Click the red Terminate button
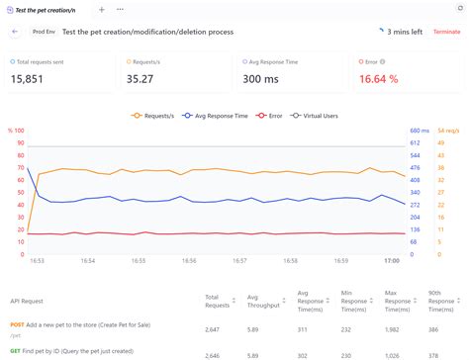446,32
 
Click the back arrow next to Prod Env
15,32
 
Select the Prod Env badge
43,32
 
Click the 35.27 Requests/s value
145,79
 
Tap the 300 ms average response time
263,79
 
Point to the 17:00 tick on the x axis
391,261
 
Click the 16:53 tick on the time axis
37,261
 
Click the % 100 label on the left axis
16,131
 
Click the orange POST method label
17,324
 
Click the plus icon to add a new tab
101,9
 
